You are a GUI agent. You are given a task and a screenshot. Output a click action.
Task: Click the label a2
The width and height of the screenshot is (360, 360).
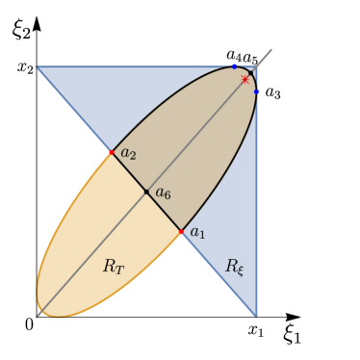(x=128, y=153)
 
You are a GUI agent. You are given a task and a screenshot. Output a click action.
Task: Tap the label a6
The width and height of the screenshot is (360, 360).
(x=163, y=193)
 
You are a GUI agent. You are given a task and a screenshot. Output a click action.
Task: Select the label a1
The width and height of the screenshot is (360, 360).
(x=197, y=232)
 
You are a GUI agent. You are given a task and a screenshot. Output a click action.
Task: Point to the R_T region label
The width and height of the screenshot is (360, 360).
(x=114, y=267)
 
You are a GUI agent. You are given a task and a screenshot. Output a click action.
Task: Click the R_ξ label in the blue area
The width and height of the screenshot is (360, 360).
(x=235, y=267)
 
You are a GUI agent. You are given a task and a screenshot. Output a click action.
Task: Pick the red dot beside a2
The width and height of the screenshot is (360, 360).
(x=112, y=152)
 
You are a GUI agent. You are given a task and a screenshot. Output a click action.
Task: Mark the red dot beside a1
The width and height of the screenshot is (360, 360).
(x=181, y=232)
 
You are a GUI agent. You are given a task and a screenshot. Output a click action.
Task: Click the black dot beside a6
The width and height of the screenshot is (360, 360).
(x=146, y=192)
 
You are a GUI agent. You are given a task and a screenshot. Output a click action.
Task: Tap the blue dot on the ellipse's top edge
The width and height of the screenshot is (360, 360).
(x=234, y=65)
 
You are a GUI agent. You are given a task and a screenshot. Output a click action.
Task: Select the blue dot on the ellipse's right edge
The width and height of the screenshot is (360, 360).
(x=257, y=91)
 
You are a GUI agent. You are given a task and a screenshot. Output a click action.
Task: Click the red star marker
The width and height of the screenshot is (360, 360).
(x=245, y=80)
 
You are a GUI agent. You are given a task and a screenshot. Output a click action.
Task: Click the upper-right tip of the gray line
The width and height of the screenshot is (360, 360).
(x=271, y=50)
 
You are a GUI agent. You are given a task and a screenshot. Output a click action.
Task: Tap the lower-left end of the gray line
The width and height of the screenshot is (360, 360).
(x=37, y=316)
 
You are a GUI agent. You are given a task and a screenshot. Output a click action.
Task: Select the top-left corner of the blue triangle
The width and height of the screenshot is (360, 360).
(x=36, y=66)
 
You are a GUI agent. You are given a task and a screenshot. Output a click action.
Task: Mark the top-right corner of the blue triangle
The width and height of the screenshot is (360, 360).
(x=257, y=66)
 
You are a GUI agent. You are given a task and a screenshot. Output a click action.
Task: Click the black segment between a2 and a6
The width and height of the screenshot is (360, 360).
(x=129, y=171)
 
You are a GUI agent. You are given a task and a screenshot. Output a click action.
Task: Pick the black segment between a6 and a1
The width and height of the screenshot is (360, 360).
(x=164, y=212)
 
